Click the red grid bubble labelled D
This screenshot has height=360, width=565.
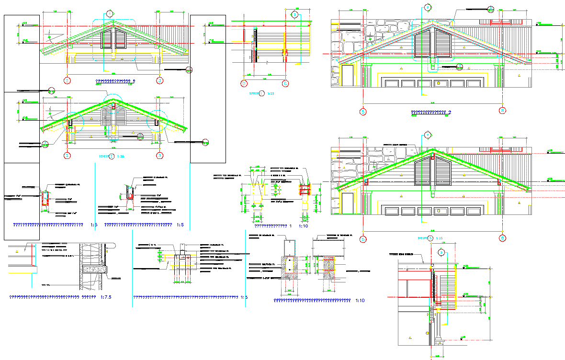click(x=244, y=83)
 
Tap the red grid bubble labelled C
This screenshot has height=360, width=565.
click(x=285, y=83)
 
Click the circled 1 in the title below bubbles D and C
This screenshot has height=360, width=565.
click(x=261, y=93)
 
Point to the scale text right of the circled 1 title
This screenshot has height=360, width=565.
click(x=270, y=94)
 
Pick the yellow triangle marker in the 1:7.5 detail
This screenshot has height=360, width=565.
click(x=17, y=250)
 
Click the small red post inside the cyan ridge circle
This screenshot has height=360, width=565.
click(x=113, y=106)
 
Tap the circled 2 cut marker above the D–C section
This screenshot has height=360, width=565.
click(x=295, y=15)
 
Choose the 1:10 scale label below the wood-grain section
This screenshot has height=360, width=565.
click(x=360, y=301)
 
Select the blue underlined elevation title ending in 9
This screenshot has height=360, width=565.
click(x=115, y=81)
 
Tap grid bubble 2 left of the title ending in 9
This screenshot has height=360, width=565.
click(x=68, y=80)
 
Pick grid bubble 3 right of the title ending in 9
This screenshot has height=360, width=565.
click(x=159, y=80)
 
